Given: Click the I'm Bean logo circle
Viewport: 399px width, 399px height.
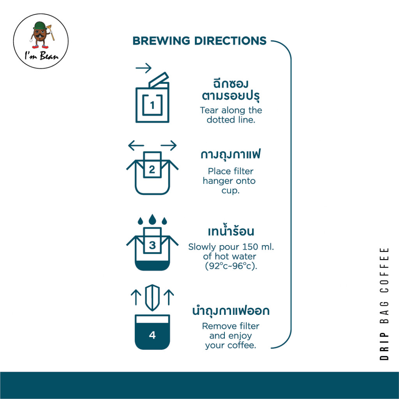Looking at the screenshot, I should (x=41, y=41).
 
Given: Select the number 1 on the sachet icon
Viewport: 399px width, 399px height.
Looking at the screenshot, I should (x=152, y=105).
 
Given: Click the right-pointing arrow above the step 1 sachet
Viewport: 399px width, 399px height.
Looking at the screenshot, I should (x=143, y=69).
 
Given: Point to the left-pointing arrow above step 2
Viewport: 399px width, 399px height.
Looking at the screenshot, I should (x=136, y=146).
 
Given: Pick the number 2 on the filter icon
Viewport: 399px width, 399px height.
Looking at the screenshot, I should (x=152, y=169).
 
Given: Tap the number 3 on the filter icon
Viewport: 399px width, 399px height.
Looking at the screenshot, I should (x=152, y=245).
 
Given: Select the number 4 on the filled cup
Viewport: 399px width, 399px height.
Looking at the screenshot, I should (x=152, y=335).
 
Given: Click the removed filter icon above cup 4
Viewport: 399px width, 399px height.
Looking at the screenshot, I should (x=152, y=297).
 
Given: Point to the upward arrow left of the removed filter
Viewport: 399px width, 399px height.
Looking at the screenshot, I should (x=136, y=297).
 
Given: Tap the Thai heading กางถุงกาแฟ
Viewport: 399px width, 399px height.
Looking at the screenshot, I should (x=231, y=155).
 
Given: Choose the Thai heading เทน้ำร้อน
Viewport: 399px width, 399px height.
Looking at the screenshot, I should (x=231, y=231).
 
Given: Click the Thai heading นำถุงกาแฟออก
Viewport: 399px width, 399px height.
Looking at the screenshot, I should (x=231, y=311).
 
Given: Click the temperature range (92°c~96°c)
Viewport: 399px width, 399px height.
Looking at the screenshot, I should (x=231, y=267).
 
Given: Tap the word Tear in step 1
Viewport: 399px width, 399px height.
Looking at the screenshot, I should (x=209, y=110).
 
